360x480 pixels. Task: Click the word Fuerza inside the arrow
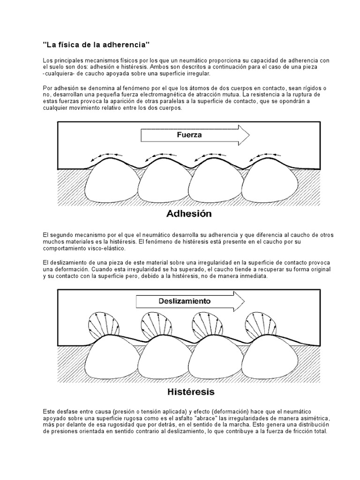pos(189,135)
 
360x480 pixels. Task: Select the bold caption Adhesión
pos(189,214)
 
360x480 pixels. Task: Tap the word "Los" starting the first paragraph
pos(47,61)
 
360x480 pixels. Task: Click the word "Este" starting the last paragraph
pos(48,411)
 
